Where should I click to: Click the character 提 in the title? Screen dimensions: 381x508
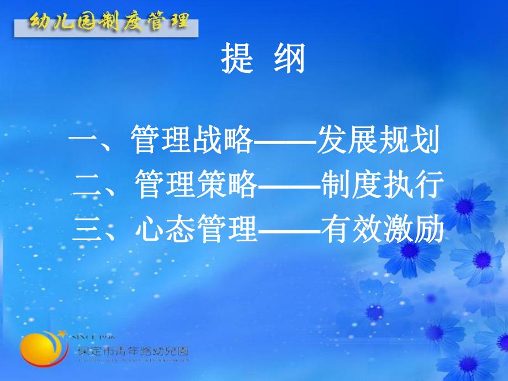[237, 59]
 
